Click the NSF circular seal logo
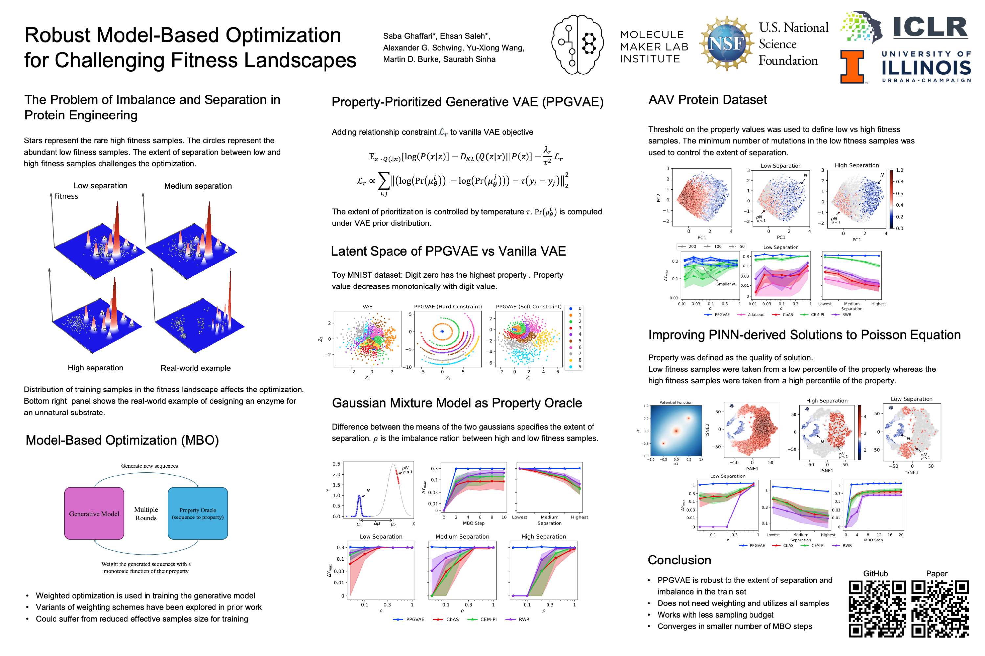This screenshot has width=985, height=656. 726,43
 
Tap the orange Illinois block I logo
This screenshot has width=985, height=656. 852,67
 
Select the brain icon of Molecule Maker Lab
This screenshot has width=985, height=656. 577,44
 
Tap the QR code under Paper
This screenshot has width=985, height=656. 939,608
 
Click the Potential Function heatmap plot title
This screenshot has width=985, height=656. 676,402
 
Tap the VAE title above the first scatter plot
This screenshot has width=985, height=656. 367,307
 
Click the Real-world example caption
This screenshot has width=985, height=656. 195,368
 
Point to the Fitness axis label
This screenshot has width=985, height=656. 66,196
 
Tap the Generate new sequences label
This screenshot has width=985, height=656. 149,466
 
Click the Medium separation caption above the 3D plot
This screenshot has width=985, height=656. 198,186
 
